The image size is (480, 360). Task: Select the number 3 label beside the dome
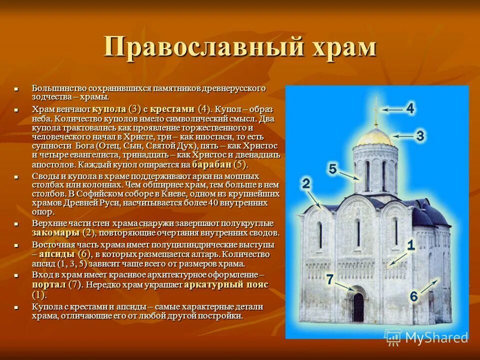click(420, 135)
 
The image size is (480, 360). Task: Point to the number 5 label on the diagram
click(333, 169)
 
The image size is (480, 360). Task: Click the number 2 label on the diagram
click(306, 183)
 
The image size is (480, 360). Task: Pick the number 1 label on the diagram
click(410, 245)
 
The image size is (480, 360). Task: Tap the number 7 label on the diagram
click(329, 279)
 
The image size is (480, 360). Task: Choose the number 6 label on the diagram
click(413, 296)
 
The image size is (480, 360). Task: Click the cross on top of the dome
click(376, 112)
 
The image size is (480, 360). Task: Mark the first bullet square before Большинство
click(16, 89)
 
